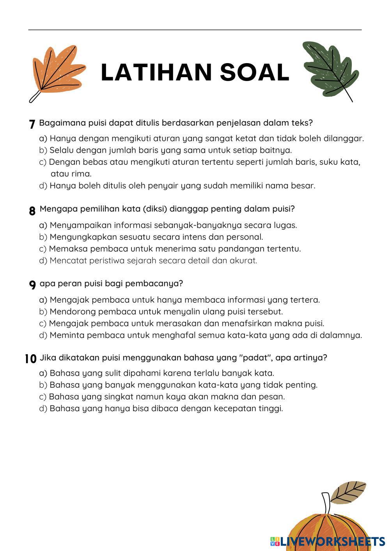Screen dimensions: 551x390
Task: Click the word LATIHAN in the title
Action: (x=156, y=72)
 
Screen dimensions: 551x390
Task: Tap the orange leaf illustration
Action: (x=58, y=71)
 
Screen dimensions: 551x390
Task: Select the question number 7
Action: (x=32, y=124)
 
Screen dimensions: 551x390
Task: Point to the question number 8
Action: (x=32, y=211)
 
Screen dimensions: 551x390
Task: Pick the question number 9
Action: (x=32, y=285)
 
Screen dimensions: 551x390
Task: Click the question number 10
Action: (x=30, y=359)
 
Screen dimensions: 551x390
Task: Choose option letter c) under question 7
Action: (x=43, y=162)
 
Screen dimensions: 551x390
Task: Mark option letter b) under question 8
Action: (x=43, y=237)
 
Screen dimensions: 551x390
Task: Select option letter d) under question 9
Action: (x=43, y=335)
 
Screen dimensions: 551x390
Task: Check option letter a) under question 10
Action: (x=43, y=373)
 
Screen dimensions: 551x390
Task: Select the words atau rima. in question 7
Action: (x=71, y=174)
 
